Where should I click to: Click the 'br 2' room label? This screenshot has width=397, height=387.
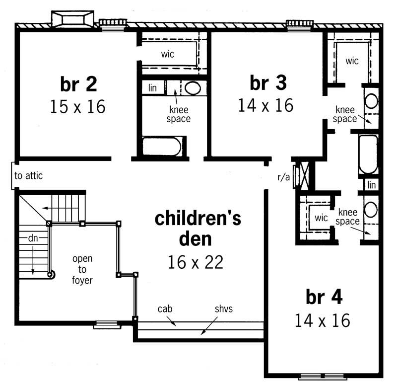click(78, 85)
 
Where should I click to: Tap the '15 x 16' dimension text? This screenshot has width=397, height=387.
click(78, 107)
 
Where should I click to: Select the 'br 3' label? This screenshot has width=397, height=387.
click(268, 83)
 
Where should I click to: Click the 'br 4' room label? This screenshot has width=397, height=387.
click(324, 298)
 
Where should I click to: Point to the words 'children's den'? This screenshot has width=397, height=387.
click(198, 228)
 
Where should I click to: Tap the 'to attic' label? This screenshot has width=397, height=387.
click(28, 175)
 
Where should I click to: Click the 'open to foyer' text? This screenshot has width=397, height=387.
click(82, 269)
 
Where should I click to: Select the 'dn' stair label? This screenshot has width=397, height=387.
click(33, 238)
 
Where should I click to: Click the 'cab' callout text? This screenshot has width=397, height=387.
click(165, 309)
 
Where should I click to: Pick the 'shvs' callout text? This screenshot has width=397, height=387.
click(223, 309)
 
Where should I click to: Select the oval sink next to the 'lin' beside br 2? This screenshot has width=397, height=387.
click(193, 89)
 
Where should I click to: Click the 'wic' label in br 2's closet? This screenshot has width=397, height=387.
click(168, 54)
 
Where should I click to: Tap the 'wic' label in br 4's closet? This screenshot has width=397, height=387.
click(322, 218)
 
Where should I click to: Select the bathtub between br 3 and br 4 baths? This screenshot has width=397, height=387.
click(368, 154)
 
